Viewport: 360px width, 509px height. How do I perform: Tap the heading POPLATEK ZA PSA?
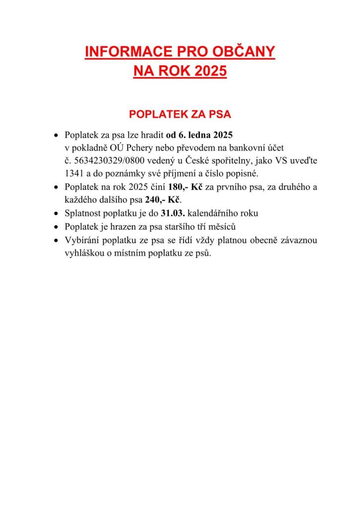[180, 114]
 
